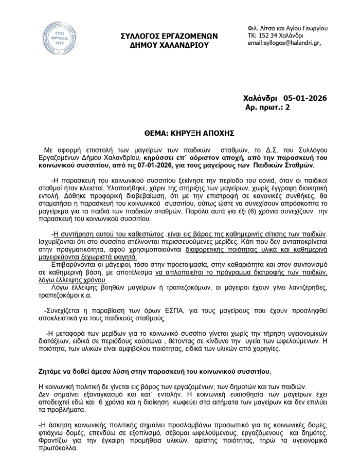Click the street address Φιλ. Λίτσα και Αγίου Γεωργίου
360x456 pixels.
[287, 28]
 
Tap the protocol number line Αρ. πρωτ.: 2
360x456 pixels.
[269, 107]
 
